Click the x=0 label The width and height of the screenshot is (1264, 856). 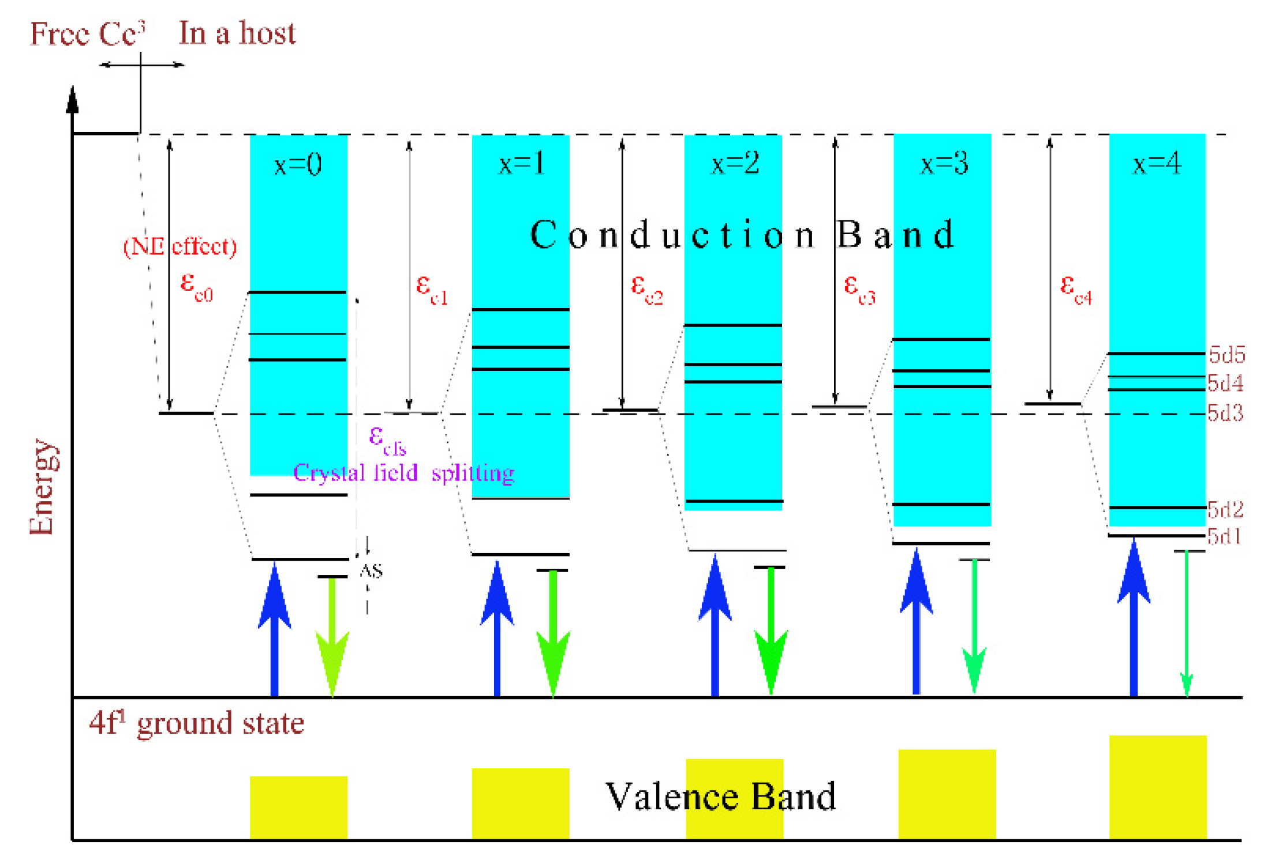click(x=298, y=166)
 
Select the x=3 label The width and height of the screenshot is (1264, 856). click(x=944, y=164)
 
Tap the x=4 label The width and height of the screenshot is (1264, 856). click(x=1157, y=164)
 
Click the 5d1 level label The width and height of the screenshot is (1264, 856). click(x=1224, y=536)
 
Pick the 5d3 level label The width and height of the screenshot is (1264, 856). click(x=1225, y=413)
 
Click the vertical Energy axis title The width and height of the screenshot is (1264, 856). click(x=43, y=487)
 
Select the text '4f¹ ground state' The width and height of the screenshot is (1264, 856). click(x=196, y=723)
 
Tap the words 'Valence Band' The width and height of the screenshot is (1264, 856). click(x=720, y=797)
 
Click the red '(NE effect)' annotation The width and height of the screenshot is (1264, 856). click(x=180, y=247)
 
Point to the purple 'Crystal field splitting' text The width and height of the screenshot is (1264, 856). click(x=404, y=473)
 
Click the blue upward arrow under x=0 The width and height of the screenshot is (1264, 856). click(x=275, y=629)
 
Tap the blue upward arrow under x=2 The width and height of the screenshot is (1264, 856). click(x=715, y=626)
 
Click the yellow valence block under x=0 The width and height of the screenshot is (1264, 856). click(x=298, y=808)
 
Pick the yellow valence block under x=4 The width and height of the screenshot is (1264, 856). click(x=1158, y=787)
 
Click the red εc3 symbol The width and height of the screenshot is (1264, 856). click(x=859, y=288)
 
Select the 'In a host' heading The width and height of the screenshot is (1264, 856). click(x=237, y=33)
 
